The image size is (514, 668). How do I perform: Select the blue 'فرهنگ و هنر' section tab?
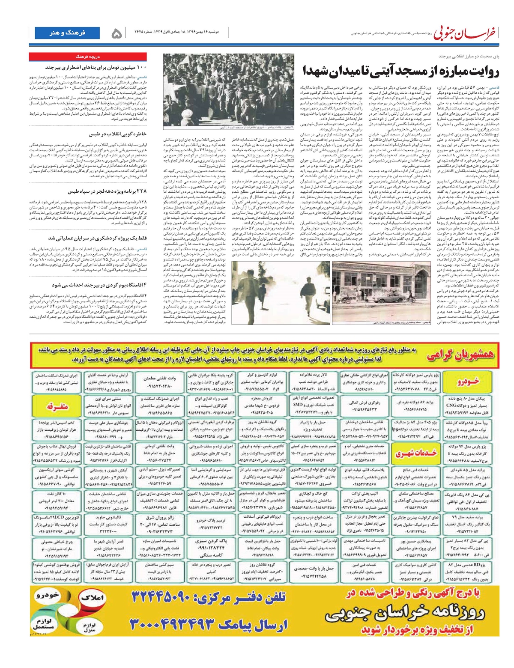point(67,33)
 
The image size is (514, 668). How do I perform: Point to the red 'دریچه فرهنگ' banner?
point(88,56)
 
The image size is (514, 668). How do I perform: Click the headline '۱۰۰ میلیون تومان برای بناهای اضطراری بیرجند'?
point(96,67)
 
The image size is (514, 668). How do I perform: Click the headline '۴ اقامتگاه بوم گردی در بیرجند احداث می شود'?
point(99,284)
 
